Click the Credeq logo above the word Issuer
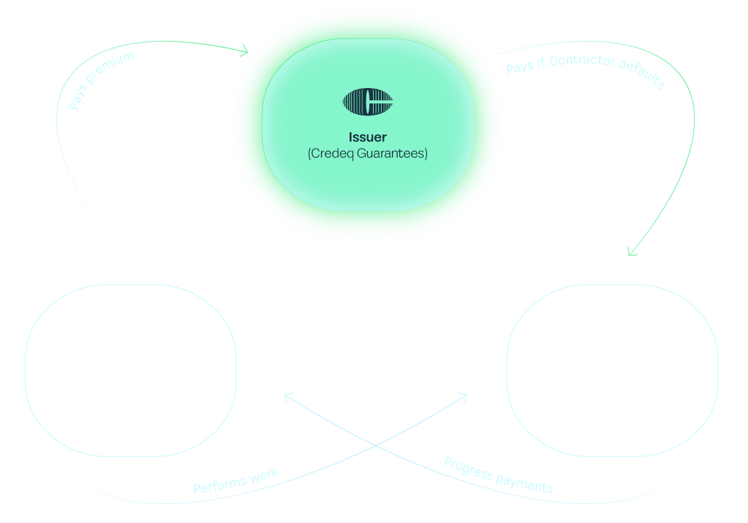(x=368, y=102)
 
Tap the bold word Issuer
(x=368, y=137)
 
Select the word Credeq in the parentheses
(x=331, y=153)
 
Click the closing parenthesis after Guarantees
(x=426, y=153)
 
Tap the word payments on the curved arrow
(x=525, y=482)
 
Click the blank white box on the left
(x=131, y=370)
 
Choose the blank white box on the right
(x=612, y=370)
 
